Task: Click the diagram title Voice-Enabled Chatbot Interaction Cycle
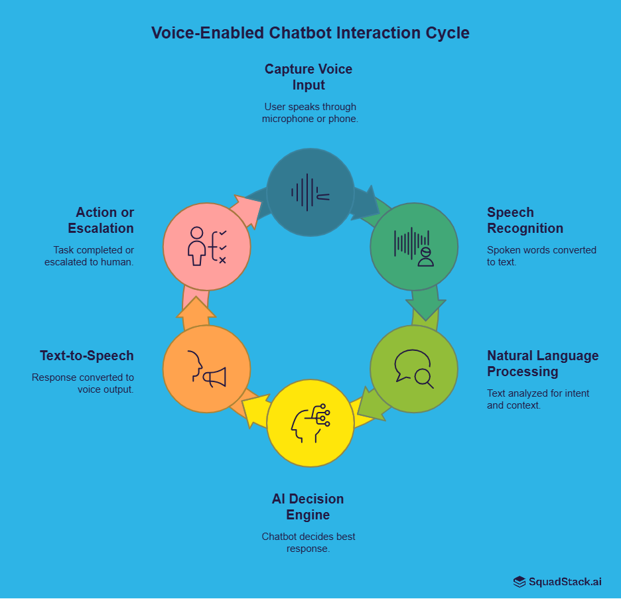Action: point(310,33)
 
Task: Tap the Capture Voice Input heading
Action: point(309,77)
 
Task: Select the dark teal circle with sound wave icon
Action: point(310,192)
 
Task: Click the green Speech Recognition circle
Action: point(413,247)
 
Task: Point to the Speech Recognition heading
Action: point(525,220)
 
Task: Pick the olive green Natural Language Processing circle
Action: point(413,369)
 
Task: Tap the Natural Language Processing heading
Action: point(543,364)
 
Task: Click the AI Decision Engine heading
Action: point(308,507)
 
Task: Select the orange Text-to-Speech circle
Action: point(206,369)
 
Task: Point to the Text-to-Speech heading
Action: point(87,356)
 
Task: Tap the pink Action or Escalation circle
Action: point(206,247)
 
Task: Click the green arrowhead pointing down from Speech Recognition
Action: point(425,306)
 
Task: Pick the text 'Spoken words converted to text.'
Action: point(541,255)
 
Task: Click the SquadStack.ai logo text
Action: point(565,582)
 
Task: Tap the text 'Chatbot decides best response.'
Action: point(308,543)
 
